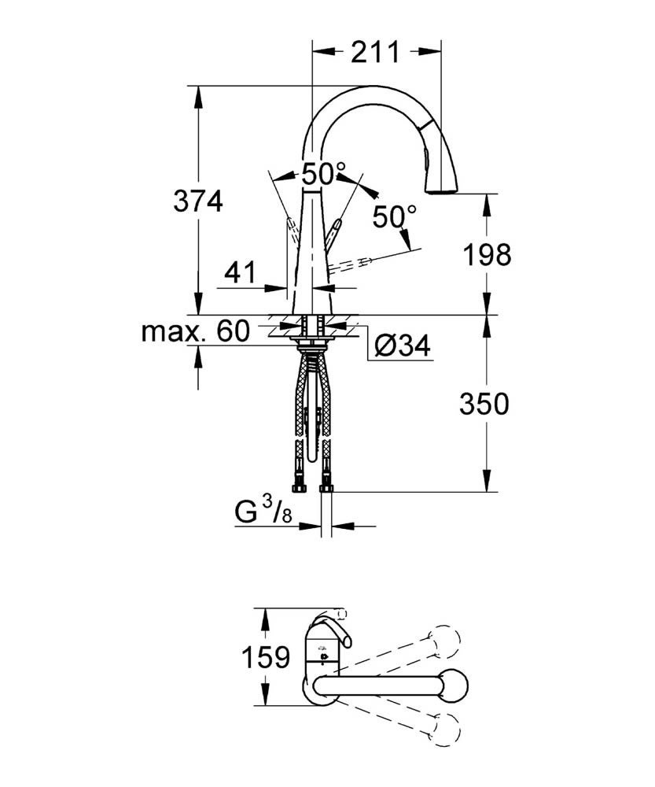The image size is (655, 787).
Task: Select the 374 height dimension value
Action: pos(198,201)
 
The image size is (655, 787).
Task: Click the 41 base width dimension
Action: pos(241,273)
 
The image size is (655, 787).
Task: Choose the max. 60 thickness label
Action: pos(195,331)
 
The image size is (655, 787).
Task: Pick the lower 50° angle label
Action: pos(393,216)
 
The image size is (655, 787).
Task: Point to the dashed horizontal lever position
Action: pos(354,264)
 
